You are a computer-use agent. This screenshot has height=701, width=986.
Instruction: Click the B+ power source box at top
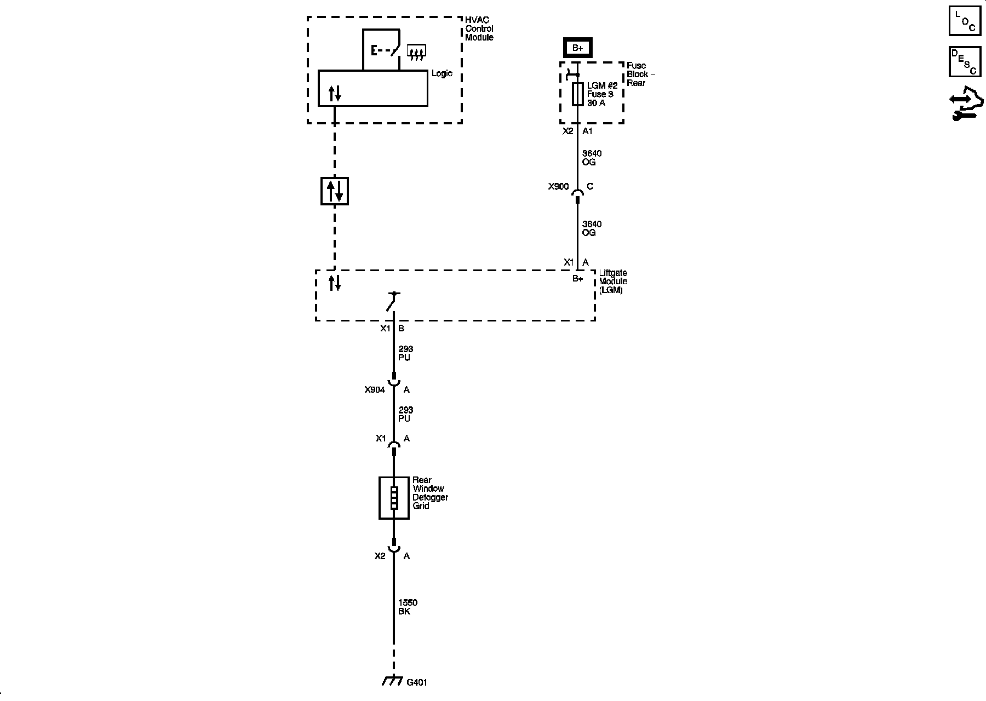coord(577,48)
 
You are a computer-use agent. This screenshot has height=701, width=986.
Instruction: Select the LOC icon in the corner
coord(965,21)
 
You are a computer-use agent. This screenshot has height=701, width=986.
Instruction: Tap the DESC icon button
coord(965,62)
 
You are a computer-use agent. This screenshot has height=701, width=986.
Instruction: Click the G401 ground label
coord(417,682)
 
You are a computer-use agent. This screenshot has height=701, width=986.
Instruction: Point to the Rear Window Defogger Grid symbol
coord(394,498)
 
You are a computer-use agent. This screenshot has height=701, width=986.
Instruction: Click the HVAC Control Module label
coord(479,28)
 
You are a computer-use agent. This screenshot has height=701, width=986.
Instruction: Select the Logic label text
coord(442,73)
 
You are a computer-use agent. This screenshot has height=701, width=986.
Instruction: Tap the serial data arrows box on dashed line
coord(334,191)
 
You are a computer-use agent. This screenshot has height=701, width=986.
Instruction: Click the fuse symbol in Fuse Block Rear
coord(577,94)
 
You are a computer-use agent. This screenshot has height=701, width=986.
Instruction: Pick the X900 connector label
coord(558,187)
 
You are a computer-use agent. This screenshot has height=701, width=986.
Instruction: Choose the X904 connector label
coord(375,390)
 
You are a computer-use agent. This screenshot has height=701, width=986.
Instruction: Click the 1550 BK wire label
coord(408,607)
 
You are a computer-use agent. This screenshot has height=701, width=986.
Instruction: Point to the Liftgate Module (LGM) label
coord(612,281)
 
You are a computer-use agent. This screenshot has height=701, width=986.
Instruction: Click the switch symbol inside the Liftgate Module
coord(392,301)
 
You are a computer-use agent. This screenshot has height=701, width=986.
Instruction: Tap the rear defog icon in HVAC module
coord(417,53)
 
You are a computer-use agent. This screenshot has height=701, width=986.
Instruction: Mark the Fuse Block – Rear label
coord(640,74)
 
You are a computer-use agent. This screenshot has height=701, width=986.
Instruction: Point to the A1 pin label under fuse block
coord(587,131)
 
